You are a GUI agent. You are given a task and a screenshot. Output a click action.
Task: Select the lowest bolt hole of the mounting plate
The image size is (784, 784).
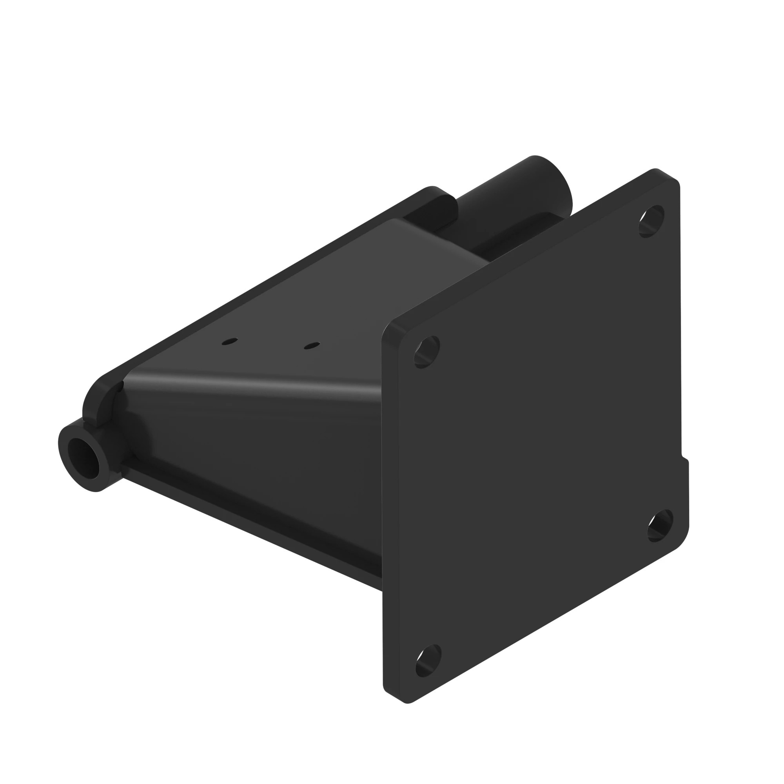pos(428,660)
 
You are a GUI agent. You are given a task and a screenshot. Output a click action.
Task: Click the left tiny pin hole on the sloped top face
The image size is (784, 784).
pos(230,342)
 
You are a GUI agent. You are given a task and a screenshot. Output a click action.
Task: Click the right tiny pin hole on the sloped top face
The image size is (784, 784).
pos(312,346)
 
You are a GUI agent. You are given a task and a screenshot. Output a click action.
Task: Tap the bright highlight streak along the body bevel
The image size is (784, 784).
pos(252,385)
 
